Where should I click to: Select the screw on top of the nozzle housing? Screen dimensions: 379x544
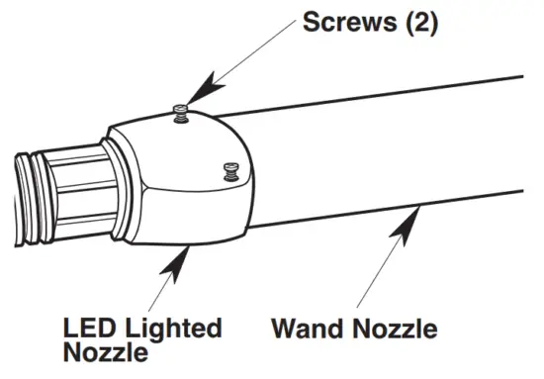(181, 111)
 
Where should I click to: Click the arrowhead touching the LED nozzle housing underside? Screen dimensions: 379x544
(176, 258)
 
